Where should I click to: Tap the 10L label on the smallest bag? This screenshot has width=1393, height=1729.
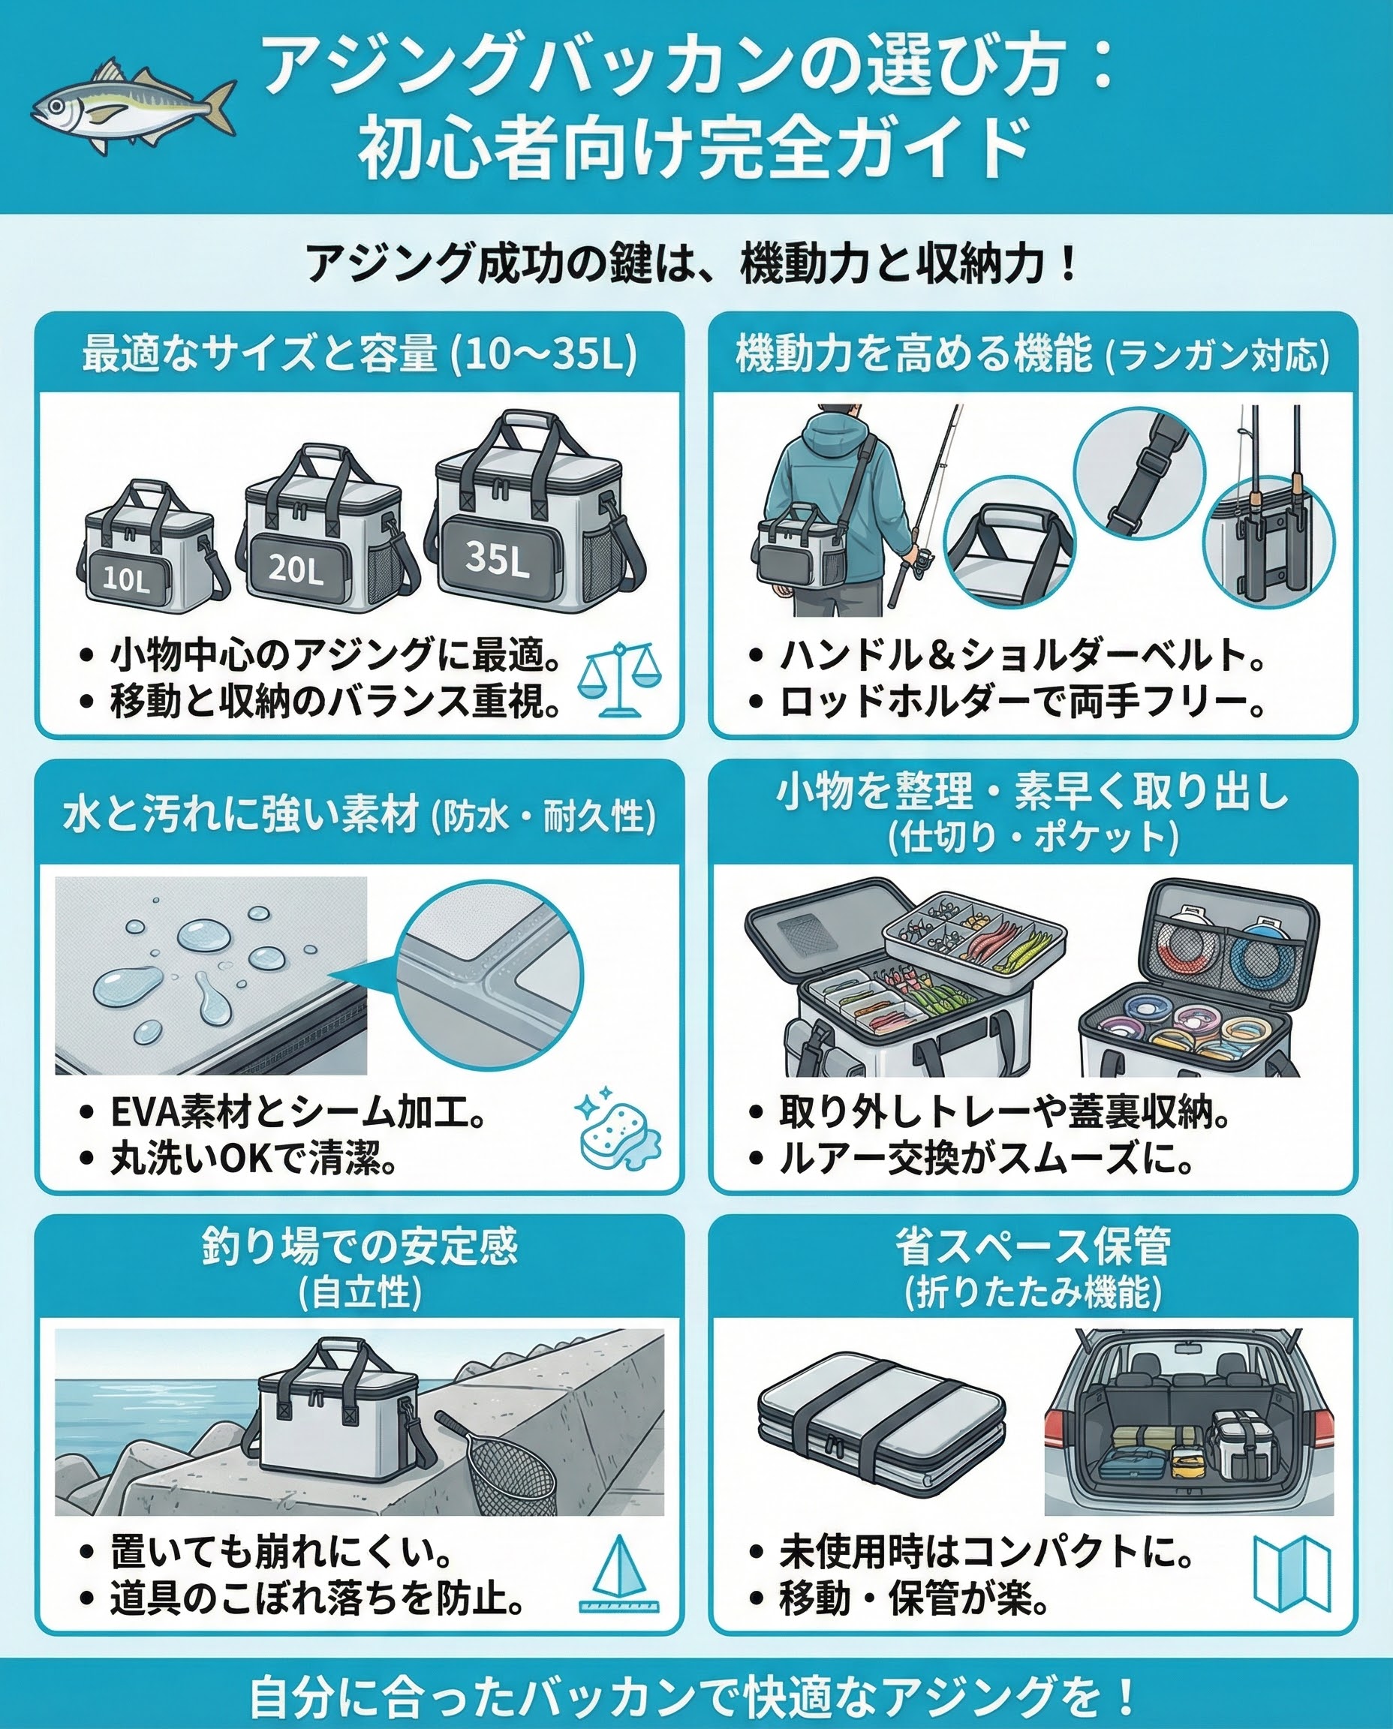[127, 579]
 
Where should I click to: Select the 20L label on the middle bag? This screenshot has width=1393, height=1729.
[296, 568]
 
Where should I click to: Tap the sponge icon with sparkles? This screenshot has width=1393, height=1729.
[618, 1128]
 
